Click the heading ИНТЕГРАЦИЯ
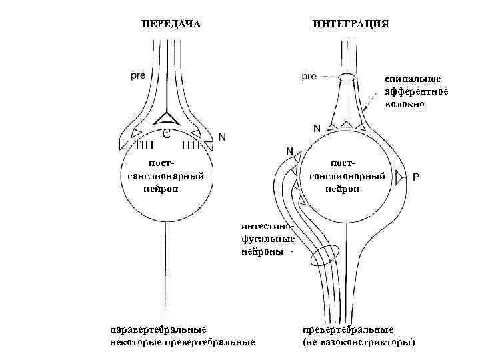coord(351,24)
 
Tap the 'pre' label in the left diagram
coord(139,75)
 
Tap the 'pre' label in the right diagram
coord(309,75)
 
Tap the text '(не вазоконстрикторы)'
coord(359,343)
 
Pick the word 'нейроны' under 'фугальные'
coord(262,253)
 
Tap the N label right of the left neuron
coord(222,137)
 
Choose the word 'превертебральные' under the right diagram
coord(348,329)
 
